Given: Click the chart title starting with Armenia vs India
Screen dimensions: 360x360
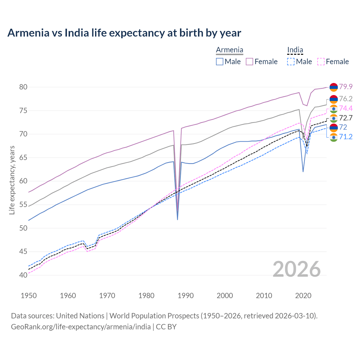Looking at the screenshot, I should point(124,33).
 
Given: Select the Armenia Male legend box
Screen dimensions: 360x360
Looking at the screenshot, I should point(220,62).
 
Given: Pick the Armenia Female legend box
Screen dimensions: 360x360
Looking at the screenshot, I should point(249,62).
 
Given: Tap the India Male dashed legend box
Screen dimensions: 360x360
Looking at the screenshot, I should point(291,62).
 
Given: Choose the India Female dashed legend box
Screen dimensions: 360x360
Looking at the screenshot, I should point(321,62).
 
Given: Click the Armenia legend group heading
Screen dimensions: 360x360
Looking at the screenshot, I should point(229,50).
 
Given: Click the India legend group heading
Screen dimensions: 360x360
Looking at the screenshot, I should point(295,50).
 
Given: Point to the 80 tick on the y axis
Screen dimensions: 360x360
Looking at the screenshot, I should point(23,87).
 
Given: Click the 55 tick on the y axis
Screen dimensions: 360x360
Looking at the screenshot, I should point(23,205).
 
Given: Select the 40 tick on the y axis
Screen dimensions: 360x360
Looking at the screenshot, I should point(23,275).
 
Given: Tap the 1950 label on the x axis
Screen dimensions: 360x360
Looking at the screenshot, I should point(29,296).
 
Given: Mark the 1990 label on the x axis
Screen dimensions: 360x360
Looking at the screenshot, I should point(186,296).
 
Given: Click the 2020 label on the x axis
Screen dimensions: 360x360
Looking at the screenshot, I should point(303,296).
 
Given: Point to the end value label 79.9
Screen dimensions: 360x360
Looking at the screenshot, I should point(346,87).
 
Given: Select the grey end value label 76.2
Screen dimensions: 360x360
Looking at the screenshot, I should point(346,99).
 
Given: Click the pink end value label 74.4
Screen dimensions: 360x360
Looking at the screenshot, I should point(346,109).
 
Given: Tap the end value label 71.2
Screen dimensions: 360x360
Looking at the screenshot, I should point(346,137).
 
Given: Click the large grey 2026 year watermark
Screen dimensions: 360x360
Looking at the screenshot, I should point(296,269).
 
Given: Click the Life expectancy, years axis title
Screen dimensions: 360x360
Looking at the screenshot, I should point(12,180).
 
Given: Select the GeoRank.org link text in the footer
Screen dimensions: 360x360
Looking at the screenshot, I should point(81,327).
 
